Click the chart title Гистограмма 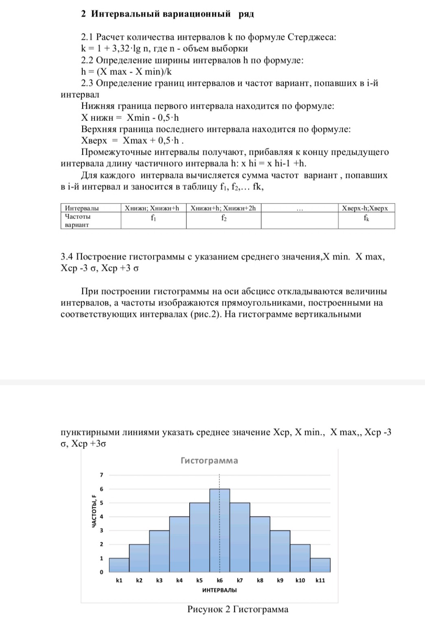pos(209,461)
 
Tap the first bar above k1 pos(119,565)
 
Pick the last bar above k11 pos(320,565)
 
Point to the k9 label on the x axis pos(280,580)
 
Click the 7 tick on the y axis pos(102,475)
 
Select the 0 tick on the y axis pos(102,572)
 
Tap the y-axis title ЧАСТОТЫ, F pos(94,511)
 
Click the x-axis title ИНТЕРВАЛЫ pos(219,590)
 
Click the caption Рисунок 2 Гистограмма pos(238,609)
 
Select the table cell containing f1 pos(153,218)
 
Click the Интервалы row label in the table pos(82,208)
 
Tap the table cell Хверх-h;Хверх pos(365,208)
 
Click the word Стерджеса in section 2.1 pos(312,37)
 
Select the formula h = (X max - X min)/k pos(126,72)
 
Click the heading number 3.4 pos(67,257)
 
